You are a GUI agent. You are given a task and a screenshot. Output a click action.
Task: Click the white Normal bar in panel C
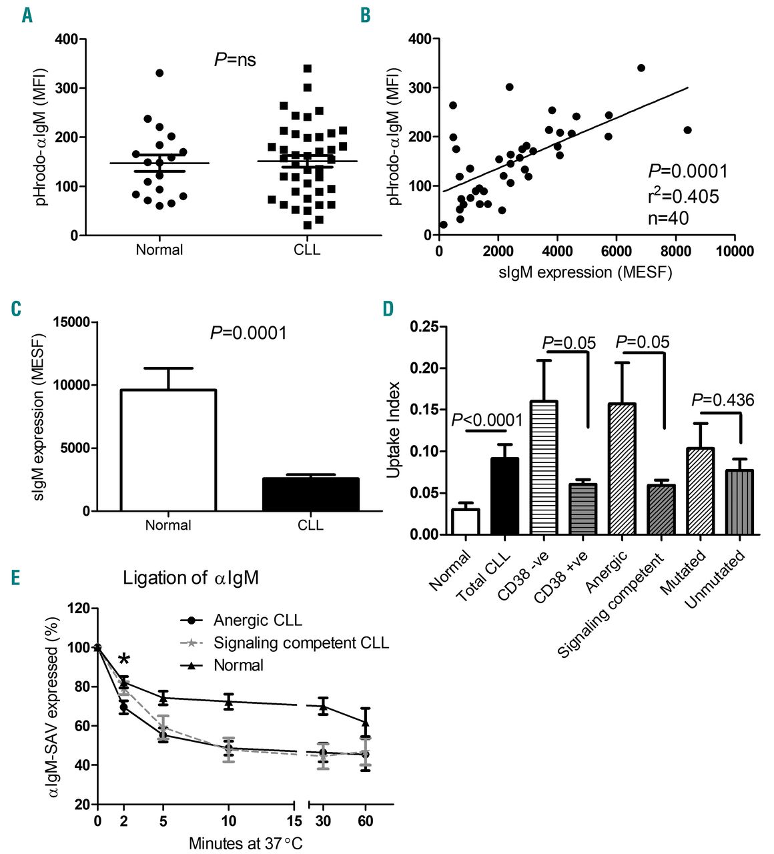[168, 450]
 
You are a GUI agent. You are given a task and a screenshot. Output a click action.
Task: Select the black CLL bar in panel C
[310, 494]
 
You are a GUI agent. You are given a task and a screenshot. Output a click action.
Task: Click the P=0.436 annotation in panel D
[723, 400]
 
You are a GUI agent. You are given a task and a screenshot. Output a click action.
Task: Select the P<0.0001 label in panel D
[487, 420]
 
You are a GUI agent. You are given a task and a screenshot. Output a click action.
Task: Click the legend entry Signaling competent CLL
[301, 643]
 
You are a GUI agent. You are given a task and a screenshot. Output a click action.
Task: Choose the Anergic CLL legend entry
[258, 620]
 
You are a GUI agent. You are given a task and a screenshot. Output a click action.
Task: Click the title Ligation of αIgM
[190, 578]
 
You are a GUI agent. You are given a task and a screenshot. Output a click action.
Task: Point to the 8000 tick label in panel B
[675, 251]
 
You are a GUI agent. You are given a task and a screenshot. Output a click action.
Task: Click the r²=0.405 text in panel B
[683, 197]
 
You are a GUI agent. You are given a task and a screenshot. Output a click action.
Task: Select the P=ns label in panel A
[235, 60]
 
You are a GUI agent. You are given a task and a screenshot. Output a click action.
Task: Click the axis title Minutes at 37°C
[246, 843]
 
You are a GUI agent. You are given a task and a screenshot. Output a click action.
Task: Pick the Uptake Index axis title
[394, 430]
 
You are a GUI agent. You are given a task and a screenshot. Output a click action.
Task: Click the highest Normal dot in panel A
[159, 73]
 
